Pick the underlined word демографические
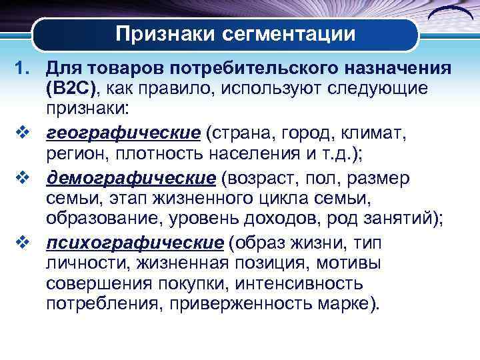pos(131,179)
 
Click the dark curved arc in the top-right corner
pos(447,15)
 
